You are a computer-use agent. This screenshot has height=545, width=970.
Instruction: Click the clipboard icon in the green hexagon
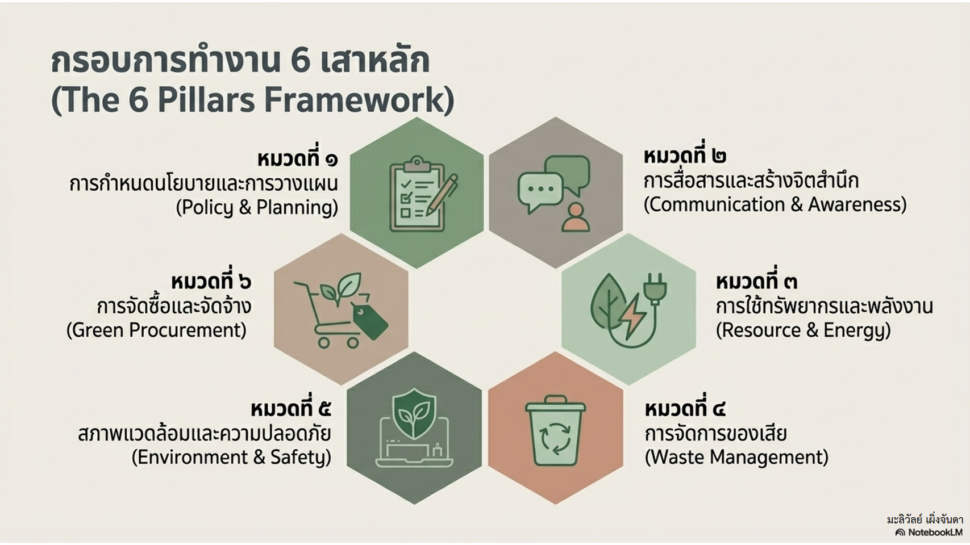coord(417,194)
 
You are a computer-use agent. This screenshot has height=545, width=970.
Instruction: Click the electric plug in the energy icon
coord(655,288)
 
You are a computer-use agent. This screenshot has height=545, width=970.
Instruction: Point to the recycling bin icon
coord(556,430)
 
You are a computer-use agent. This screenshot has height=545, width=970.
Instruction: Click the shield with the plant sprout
coord(414,413)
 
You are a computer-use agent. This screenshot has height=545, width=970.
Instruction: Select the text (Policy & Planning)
coord(257,208)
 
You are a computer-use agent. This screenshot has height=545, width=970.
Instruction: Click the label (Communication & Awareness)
coord(775,204)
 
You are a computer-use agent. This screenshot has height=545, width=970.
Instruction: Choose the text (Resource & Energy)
coord(804,330)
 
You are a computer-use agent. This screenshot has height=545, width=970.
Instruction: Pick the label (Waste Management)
coord(736,457)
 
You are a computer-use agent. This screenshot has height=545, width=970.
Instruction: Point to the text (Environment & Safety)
coord(232,458)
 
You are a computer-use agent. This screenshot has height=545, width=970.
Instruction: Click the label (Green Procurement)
coord(156,330)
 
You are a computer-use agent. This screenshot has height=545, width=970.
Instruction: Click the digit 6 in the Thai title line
coord(301,61)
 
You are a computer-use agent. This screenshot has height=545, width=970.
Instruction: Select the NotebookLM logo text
coord(935,533)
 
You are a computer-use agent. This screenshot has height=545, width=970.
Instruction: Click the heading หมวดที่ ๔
coord(685,409)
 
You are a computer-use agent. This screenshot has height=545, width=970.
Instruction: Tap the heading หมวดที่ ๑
coord(298,158)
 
